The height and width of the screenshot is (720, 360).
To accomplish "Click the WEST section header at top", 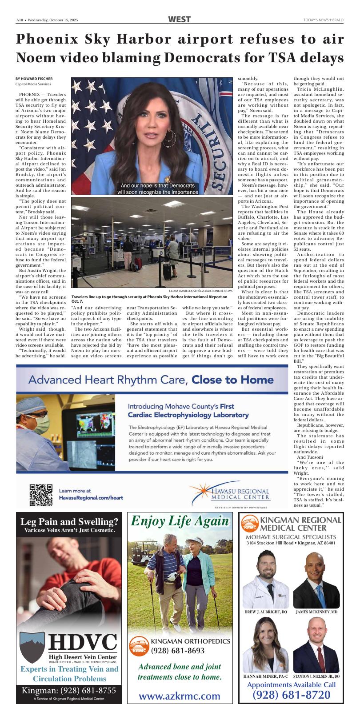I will click(x=180, y=20).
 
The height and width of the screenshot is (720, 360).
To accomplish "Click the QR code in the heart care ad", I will click(x=41, y=495).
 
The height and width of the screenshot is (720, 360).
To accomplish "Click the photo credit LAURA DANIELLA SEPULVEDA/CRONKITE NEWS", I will click(x=200, y=291).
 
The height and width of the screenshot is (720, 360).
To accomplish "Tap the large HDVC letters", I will click(x=83, y=642).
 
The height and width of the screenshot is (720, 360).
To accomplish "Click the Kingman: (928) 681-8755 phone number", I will click(x=69, y=691).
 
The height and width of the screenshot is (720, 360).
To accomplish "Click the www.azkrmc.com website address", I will click(x=180, y=696).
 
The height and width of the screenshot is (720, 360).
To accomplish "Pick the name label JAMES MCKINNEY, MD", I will click(x=316, y=612).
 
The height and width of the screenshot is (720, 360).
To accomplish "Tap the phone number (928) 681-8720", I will click(x=291, y=695).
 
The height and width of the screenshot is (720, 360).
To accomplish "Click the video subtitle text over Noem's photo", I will click(x=157, y=189).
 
